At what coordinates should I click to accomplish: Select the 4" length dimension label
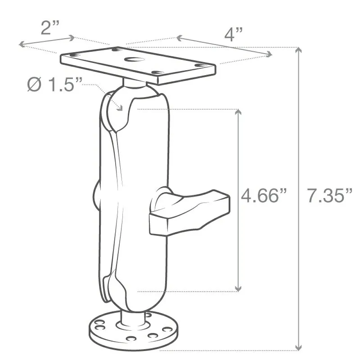coord(233,34)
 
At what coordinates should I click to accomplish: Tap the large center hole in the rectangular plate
coord(134,60)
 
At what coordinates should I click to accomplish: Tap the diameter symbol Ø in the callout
coord(34,84)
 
